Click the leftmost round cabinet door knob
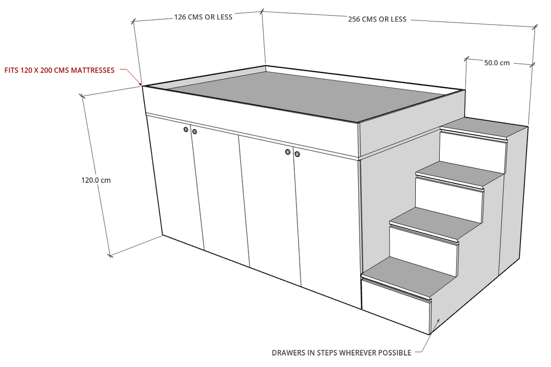186,130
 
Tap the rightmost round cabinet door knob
297,154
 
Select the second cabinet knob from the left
195,132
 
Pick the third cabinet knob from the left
288,152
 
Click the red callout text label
60,70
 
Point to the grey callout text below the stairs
342,352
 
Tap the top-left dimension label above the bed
204,17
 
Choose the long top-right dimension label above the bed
378,19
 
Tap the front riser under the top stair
472,153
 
